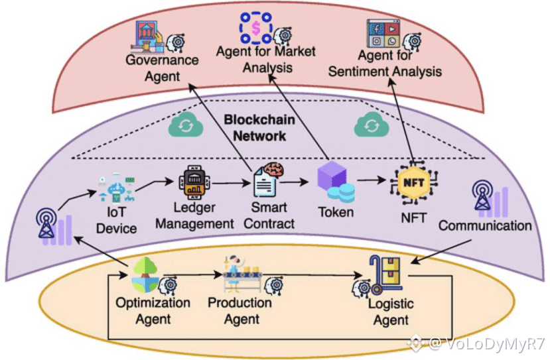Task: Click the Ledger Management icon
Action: [x=194, y=182]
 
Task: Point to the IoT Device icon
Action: [x=117, y=188]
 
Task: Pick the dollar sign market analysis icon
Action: [x=255, y=28]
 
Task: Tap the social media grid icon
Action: [x=383, y=34]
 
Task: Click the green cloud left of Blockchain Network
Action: [x=186, y=125]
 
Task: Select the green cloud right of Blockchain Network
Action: [x=372, y=125]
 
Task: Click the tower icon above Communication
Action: [x=490, y=199]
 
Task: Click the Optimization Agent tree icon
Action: [x=145, y=275]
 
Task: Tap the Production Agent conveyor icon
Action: [x=243, y=274]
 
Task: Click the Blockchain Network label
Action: [x=259, y=127]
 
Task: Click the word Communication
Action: [x=485, y=225]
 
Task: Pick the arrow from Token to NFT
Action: [x=372, y=180]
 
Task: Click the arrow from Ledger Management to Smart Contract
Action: [x=232, y=183]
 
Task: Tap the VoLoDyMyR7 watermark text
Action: [x=488, y=343]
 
